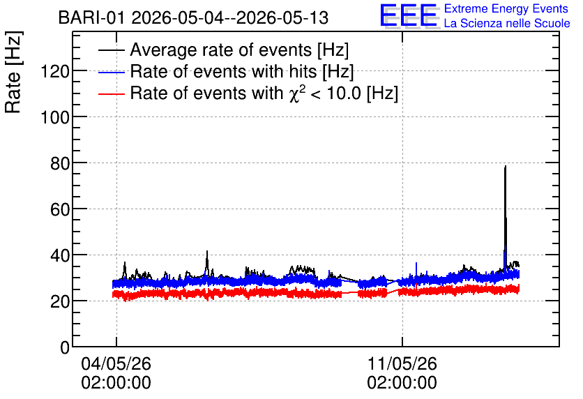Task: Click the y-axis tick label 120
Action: (x=54, y=71)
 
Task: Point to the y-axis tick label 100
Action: (x=54, y=117)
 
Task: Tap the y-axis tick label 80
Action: (x=60, y=163)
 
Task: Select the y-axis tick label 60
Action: (x=60, y=209)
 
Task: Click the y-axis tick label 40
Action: (x=60, y=255)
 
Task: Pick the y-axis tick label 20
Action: (x=60, y=301)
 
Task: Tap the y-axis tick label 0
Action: (x=65, y=347)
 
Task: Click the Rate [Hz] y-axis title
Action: (x=13, y=72)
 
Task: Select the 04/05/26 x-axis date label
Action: (x=116, y=363)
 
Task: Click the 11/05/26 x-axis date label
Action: (x=402, y=363)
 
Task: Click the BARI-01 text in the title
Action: (x=91, y=18)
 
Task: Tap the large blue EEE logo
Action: (x=408, y=15)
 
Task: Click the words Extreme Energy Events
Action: (x=506, y=8)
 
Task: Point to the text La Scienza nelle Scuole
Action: (x=507, y=24)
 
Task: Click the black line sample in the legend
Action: (x=112, y=50)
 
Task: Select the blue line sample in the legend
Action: (x=112, y=72)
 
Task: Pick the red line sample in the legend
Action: (x=112, y=94)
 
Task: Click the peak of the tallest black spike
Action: (x=506, y=166)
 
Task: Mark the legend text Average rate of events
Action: (x=221, y=50)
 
